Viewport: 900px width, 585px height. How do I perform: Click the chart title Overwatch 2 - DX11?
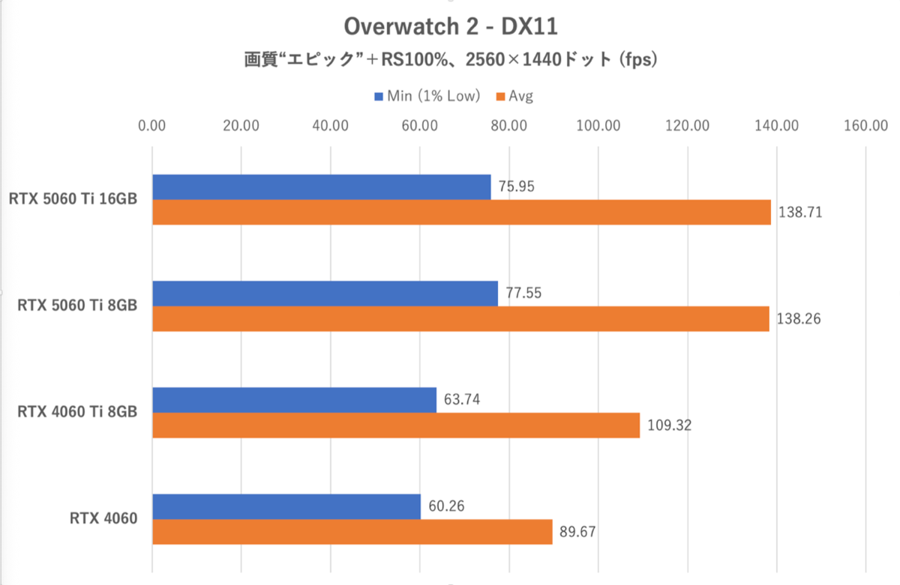pyautogui.click(x=450, y=27)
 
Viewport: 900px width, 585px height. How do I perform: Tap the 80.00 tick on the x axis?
pyautogui.click(x=508, y=126)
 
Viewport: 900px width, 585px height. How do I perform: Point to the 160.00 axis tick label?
pyautogui.click(x=865, y=126)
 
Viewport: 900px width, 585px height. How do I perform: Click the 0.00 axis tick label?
pyautogui.click(x=152, y=126)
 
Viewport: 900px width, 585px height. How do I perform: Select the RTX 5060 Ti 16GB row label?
pyautogui.click(x=73, y=199)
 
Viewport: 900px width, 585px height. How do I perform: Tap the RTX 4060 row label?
pyautogui.click(x=104, y=518)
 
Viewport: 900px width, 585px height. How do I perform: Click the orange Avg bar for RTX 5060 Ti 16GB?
pyautogui.click(x=461, y=212)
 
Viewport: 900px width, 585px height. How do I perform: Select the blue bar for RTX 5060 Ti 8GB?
pyautogui.click(x=325, y=294)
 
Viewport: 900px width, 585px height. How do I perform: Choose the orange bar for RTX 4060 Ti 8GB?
pyautogui.click(x=396, y=425)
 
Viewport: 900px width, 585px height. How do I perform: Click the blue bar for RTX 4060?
pyautogui.click(x=286, y=506)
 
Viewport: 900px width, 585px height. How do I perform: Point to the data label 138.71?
pyautogui.click(x=800, y=212)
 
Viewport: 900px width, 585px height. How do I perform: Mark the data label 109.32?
pyautogui.click(x=669, y=425)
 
